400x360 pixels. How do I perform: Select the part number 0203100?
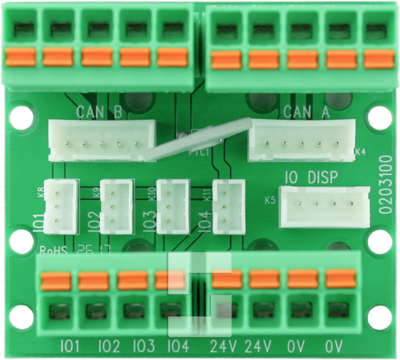coord(386,184)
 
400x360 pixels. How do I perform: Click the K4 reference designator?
coord(360,153)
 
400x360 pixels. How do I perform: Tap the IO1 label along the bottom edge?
coord(69,346)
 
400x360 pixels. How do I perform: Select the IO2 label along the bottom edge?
coord(108,346)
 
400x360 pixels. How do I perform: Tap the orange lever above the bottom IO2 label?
coord(94,280)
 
